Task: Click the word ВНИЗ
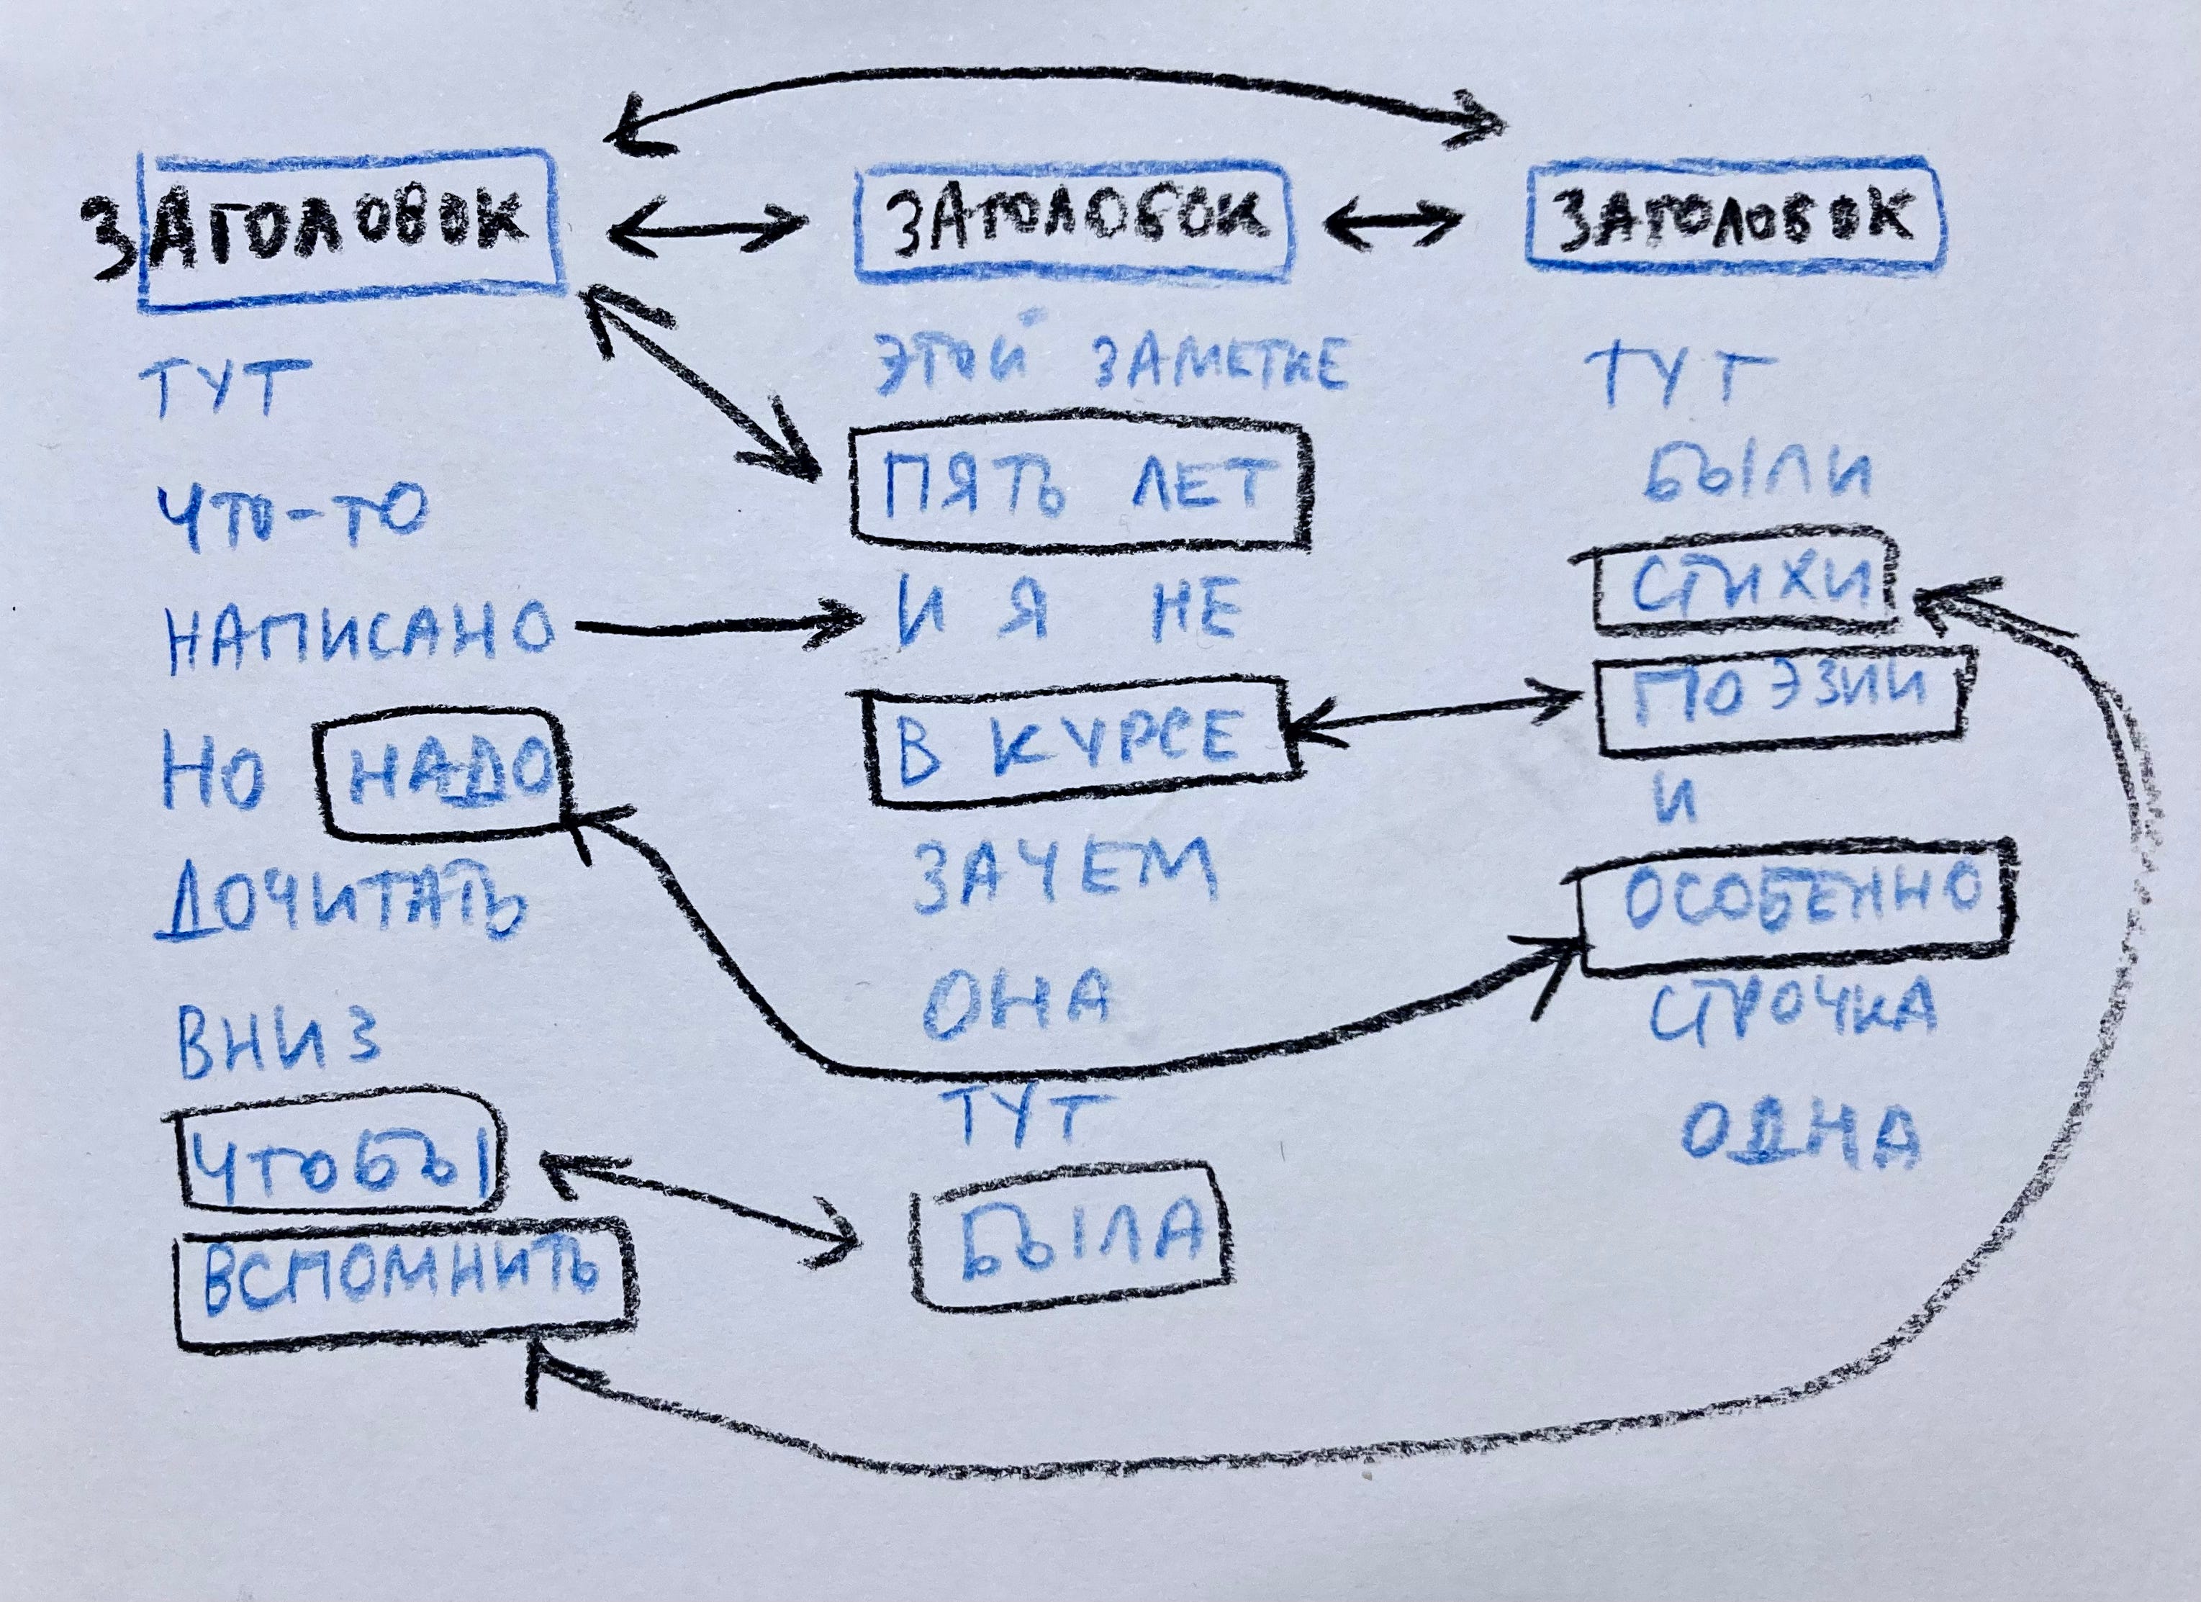coord(276,1047)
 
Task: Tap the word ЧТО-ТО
coord(291,519)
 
